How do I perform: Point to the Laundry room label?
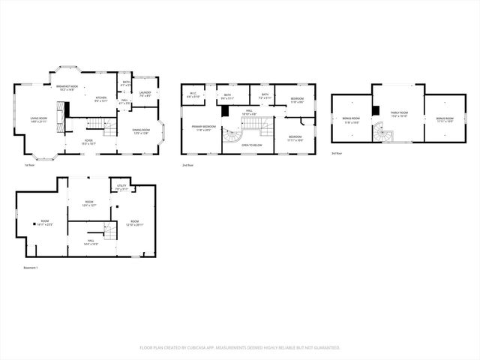pos(144,94)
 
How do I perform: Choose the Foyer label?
pos(88,141)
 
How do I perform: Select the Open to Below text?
pos(251,145)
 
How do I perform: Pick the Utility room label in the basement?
pos(121,187)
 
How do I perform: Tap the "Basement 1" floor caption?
pos(31,267)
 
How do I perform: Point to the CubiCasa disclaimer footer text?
pos(240,347)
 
